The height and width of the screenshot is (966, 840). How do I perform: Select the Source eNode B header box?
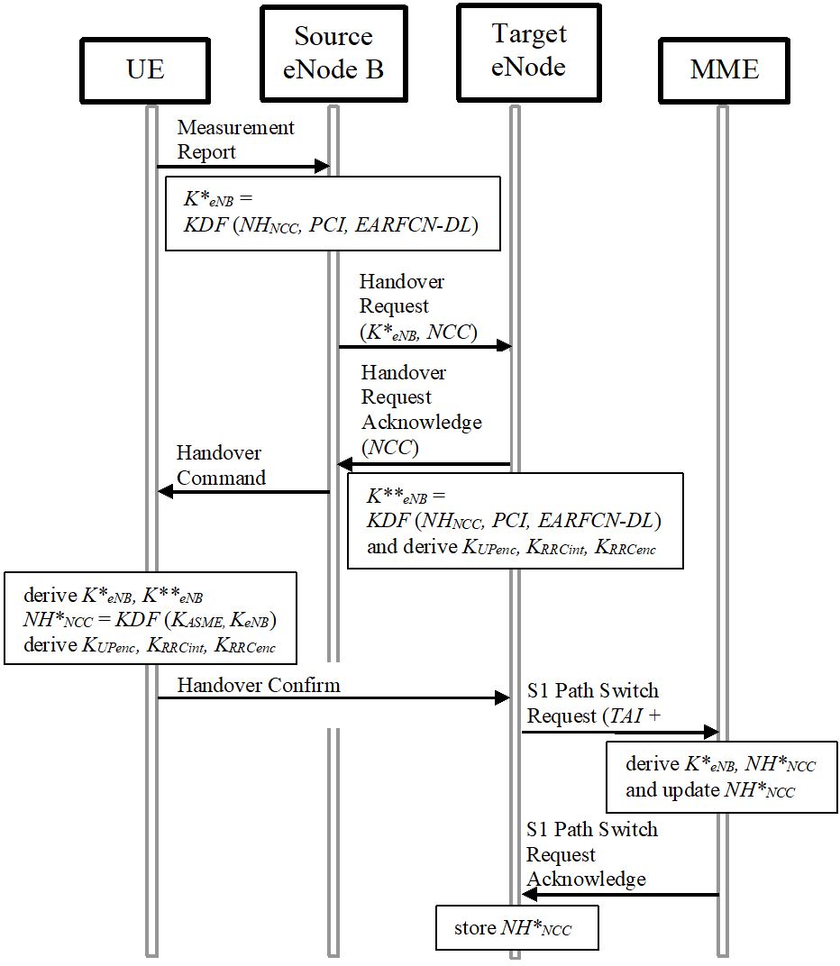(333, 53)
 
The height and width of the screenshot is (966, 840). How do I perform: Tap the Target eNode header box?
(528, 51)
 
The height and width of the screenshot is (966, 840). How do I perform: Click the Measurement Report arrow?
(242, 167)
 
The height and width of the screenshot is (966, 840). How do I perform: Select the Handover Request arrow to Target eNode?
(425, 346)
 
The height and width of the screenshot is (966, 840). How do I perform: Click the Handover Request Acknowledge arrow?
(425, 464)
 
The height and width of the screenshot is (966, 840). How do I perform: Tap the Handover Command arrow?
(243, 491)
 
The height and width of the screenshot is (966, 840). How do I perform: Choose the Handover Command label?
(221, 465)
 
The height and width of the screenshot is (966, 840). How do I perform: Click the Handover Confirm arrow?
(333, 697)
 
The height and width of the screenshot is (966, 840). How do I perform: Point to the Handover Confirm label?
(259, 685)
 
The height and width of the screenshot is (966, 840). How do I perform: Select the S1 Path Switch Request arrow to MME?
(619, 732)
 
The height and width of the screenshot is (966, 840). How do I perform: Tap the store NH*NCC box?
(517, 928)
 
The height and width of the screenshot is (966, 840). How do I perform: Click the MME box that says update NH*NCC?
(721, 778)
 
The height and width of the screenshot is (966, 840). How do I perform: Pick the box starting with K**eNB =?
(515, 522)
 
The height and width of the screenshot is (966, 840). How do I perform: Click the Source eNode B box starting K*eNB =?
(332, 213)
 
